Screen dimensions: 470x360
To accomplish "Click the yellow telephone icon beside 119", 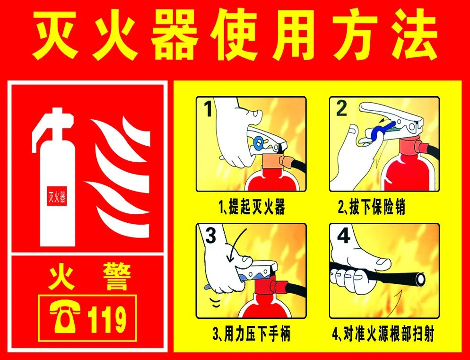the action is (65, 317).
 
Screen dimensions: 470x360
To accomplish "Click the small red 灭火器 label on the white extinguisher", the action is (57, 196).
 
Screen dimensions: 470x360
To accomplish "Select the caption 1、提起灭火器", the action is (252, 207).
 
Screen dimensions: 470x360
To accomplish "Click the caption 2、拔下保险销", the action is (372, 207).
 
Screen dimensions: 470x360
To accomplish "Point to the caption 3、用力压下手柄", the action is (252, 334).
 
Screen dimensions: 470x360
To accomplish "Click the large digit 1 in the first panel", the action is (209, 109).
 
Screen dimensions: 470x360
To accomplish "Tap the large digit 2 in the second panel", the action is (341, 109).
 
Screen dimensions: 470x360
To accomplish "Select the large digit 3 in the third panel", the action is (210, 236).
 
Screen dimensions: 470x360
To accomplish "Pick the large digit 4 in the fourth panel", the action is (343, 236).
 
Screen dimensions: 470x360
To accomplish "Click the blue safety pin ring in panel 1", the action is (257, 142).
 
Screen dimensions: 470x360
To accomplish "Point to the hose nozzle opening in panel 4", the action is (420, 279).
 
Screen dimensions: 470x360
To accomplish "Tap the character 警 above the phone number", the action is (117, 277).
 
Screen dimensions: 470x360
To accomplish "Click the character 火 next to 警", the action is (62, 277).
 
